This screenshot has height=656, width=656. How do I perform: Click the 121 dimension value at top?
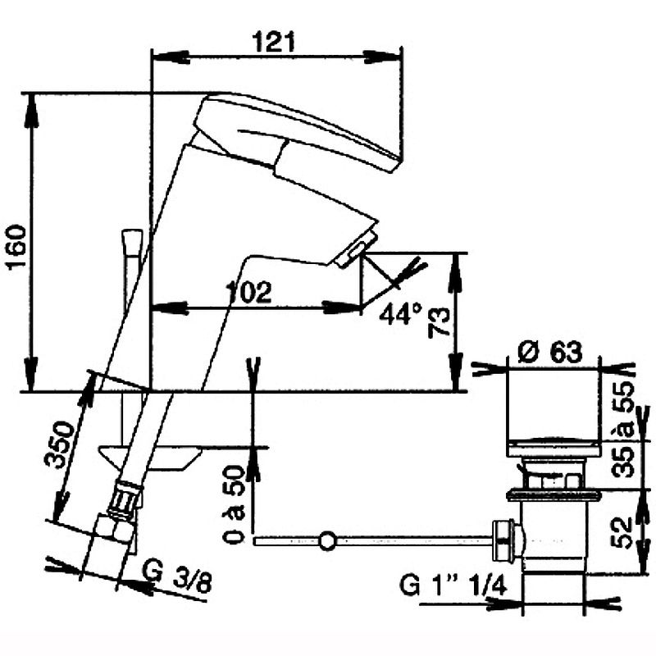tap(274, 42)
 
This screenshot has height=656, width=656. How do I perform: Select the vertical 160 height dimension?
tap(17, 248)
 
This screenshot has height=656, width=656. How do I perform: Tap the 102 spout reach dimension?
tap(248, 291)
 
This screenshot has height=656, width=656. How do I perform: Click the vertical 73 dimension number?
tap(439, 322)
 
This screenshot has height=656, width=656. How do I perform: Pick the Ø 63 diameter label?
tap(549, 352)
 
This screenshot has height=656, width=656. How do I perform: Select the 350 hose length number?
tap(60, 444)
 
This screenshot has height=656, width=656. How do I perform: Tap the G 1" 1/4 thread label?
tap(453, 585)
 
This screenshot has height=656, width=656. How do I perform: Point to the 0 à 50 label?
tap(233, 505)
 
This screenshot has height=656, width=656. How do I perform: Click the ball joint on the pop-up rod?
tap(327, 540)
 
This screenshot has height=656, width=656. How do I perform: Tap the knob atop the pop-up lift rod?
tap(132, 243)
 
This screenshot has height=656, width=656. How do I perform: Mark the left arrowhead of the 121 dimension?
tap(171, 57)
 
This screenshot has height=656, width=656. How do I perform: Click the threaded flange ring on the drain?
tap(553, 495)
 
